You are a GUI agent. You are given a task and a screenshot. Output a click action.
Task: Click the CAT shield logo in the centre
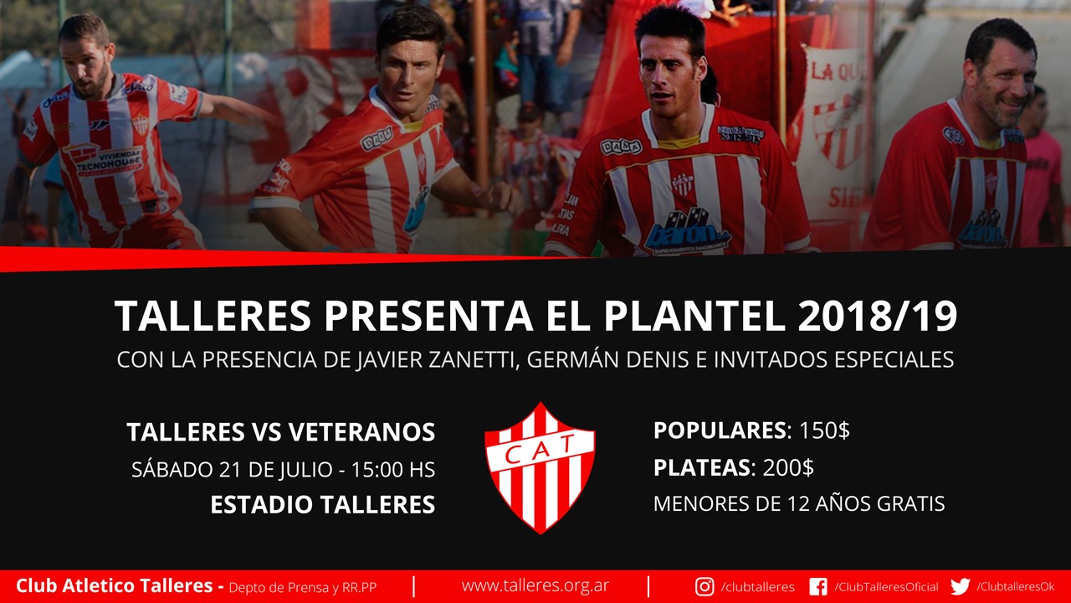[540, 467]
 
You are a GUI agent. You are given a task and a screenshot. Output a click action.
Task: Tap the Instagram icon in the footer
[705, 587]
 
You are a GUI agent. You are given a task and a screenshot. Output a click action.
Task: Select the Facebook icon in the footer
[818, 587]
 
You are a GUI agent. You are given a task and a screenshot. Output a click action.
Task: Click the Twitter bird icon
[960, 587]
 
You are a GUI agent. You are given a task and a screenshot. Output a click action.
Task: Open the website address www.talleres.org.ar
[535, 585]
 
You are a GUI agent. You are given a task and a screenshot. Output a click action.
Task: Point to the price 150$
[825, 430]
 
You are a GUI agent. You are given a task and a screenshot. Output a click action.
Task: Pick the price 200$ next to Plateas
[788, 467]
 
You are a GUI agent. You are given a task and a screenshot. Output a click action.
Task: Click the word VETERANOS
[362, 432]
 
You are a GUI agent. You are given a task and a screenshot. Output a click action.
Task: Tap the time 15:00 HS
[393, 470]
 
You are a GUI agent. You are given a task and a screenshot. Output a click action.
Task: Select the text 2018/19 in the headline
[878, 316]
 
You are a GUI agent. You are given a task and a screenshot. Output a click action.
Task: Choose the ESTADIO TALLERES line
[323, 504]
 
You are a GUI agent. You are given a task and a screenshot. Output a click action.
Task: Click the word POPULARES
[720, 430]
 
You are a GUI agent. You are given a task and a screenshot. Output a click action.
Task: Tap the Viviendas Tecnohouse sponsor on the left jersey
[108, 160]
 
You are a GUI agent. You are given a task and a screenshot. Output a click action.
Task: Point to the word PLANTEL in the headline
[694, 316]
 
